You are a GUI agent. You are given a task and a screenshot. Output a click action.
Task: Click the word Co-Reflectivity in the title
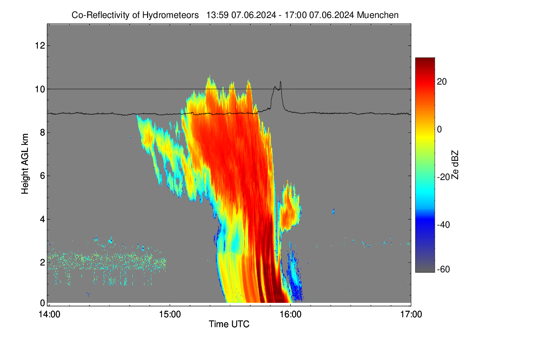100,15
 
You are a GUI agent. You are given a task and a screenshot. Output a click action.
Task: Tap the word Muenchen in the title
378,15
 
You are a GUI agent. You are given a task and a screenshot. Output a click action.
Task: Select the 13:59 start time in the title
217,15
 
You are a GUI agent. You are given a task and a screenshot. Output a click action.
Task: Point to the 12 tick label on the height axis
40,45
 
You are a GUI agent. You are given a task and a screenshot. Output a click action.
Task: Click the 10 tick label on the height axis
40,89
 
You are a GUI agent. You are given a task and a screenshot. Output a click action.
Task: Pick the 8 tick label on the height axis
43,132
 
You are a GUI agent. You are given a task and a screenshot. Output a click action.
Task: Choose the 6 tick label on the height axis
43,176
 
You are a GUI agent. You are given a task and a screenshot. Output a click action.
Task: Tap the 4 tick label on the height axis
43,219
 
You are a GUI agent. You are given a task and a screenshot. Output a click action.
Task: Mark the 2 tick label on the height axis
43,262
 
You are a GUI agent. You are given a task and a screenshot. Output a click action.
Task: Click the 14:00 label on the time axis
49,315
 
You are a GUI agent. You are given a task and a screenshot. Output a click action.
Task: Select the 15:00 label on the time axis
170,315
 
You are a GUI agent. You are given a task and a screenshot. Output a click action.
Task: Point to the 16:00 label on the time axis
291,315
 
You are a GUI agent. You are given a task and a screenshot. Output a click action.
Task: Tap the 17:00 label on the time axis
411,315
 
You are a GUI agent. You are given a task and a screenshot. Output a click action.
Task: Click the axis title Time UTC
229,324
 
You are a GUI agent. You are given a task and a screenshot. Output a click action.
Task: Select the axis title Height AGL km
25,164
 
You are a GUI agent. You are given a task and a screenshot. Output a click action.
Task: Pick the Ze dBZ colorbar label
454,165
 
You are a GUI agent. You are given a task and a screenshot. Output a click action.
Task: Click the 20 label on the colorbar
442,82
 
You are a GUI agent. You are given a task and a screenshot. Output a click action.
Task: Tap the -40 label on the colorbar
444,225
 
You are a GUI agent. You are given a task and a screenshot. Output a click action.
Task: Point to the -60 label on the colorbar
444,270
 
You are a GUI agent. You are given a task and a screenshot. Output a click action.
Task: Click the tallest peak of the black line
280,82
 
